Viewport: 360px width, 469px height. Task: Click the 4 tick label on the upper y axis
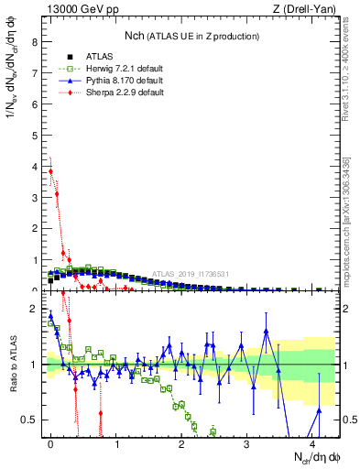point(33,167)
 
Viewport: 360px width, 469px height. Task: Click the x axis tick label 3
point(246,444)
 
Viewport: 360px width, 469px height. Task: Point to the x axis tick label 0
point(50,444)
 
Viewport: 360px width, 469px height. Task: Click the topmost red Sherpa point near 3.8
point(50,171)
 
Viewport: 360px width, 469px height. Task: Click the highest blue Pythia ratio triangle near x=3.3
point(266,331)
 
